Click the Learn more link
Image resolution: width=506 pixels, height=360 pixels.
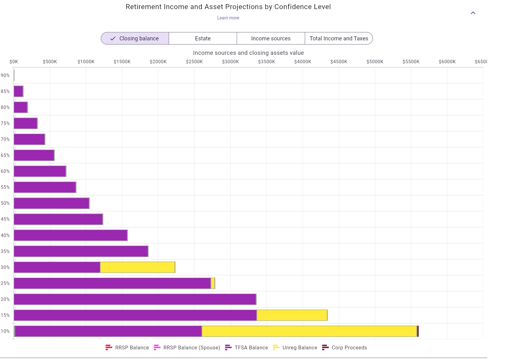[x=228, y=18]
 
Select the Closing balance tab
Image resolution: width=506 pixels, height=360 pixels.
[x=135, y=39]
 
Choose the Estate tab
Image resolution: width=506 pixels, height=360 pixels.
[x=203, y=39]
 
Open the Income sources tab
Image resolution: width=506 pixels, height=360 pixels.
[x=271, y=39]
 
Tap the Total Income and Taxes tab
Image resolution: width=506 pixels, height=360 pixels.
[x=339, y=39]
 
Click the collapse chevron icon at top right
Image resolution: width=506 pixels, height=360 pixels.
[x=473, y=13]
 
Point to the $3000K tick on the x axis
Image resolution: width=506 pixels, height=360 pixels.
[x=230, y=62]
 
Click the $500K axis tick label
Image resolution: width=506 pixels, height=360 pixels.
[x=50, y=62]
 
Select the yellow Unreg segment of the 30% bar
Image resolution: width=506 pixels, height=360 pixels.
[x=137, y=267]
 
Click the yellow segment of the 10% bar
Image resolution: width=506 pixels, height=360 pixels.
[x=309, y=331]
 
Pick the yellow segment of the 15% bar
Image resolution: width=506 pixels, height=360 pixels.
[x=292, y=315]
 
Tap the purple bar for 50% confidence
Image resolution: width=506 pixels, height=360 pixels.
[x=51, y=203]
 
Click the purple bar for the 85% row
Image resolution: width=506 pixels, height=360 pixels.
[x=18, y=91]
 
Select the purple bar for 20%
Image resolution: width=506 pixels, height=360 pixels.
[x=135, y=299]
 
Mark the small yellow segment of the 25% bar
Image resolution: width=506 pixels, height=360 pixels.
[x=213, y=283]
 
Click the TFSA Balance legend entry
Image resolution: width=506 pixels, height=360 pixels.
[x=247, y=347]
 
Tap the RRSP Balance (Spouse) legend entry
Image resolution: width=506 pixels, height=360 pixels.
[x=187, y=347]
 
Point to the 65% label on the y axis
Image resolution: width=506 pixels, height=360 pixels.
[x=5, y=155]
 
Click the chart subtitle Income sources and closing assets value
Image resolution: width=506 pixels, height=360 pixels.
[x=248, y=53]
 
